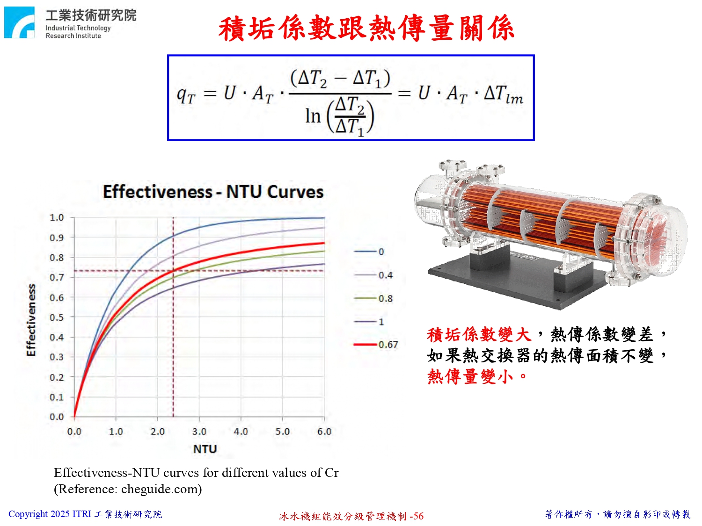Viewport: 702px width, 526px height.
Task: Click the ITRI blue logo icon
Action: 19,22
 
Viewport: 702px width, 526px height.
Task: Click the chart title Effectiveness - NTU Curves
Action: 213,192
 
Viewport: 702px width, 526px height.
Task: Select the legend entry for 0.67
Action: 376,345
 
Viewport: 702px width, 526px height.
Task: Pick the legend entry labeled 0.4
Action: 373,275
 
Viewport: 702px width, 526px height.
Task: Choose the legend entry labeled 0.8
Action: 373,298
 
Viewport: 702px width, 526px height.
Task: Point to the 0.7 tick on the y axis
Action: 57,277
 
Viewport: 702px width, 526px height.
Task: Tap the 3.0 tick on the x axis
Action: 199,432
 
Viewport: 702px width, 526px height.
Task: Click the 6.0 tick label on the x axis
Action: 324,432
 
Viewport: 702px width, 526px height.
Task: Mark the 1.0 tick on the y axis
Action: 57,217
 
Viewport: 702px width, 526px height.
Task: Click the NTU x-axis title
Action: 205,449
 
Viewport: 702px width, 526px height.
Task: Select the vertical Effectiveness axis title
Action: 31,320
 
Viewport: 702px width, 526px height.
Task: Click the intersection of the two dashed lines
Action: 173,271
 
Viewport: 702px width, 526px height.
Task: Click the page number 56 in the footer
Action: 418,516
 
